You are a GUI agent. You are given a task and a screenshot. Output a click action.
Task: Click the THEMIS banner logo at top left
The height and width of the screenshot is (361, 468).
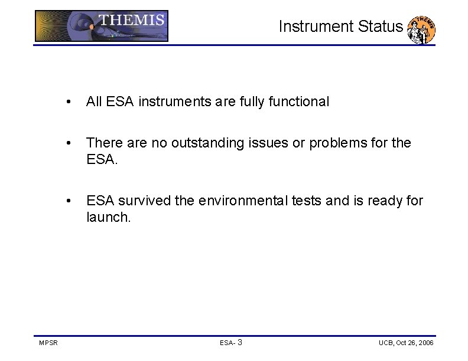(101, 26)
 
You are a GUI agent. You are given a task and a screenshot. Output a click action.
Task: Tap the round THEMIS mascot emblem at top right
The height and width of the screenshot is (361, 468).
(422, 29)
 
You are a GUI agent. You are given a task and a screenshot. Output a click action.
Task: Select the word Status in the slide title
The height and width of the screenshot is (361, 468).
(382, 27)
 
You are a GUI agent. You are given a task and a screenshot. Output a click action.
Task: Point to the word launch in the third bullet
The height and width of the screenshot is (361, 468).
(106, 217)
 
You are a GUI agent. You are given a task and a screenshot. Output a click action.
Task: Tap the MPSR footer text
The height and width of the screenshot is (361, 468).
(48, 343)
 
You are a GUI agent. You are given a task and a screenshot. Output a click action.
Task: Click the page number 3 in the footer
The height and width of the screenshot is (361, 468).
(239, 342)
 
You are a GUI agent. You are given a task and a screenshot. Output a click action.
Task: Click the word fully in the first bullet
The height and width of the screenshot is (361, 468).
(252, 101)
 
